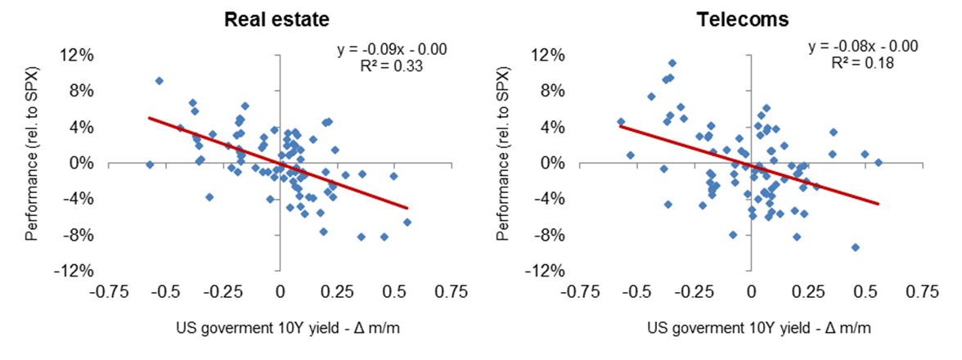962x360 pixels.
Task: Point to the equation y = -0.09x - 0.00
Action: click(x=392, y=51)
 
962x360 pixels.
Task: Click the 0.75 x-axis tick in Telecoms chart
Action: click(x=919, y=291)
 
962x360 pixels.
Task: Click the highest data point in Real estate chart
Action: click(x=159, y=81)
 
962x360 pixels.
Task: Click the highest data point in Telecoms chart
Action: click(x=672, y=63)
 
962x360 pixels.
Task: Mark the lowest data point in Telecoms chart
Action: click(x=855, y=247)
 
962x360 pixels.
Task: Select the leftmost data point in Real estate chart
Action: click(x=150, y=164)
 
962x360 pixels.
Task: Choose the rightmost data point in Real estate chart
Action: click(x=407, y=222)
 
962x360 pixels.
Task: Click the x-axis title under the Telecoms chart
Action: click(x=758, y=328)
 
